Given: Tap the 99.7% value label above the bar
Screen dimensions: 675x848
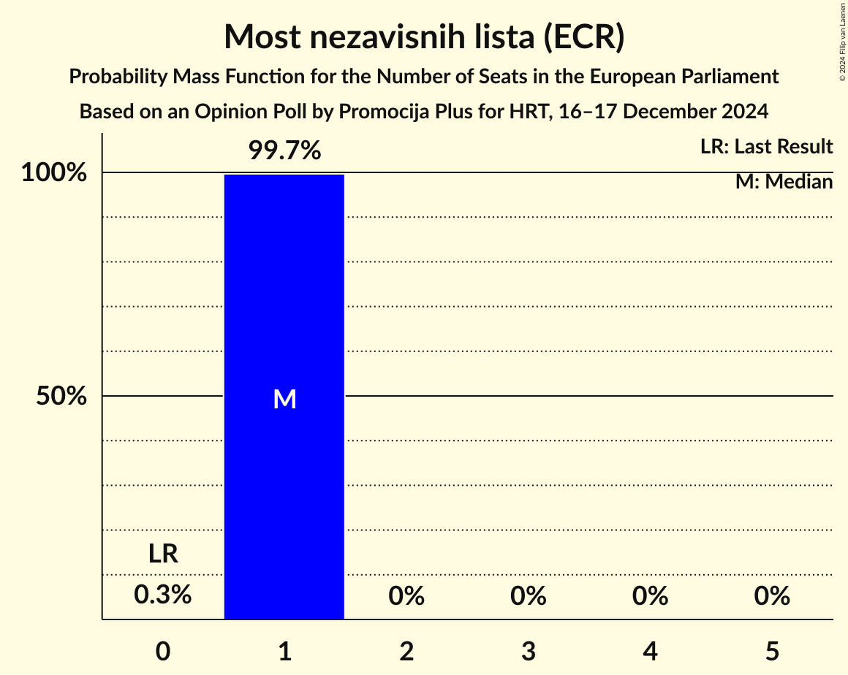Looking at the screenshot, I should click(284, 151).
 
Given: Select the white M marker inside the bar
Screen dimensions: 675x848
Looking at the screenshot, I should click(284, 399).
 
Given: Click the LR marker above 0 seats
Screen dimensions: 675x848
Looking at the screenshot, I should click(163, 554).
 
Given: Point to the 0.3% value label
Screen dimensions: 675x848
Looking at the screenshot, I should click(163, 595).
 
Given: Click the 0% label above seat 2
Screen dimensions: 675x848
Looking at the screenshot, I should click(406, 597).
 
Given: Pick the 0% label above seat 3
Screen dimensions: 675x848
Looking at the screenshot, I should click(529, 597).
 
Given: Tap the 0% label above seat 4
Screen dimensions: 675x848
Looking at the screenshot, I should click(651, 597).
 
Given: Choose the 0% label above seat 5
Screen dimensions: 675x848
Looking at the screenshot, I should click(772, 597).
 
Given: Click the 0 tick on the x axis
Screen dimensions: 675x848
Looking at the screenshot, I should click(163, 651).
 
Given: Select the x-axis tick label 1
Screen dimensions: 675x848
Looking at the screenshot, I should click(284, 651).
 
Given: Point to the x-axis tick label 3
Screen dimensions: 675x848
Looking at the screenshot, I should click(529, 651).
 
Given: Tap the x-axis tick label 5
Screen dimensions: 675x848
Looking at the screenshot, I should click(772, 651).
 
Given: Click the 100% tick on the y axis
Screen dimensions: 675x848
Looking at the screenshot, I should click(54, 174).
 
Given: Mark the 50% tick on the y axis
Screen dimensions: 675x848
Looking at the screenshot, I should click(62, 397).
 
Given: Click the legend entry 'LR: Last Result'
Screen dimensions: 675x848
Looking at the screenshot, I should click(766, 147).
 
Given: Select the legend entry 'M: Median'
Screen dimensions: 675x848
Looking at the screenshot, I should click(784, 182).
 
